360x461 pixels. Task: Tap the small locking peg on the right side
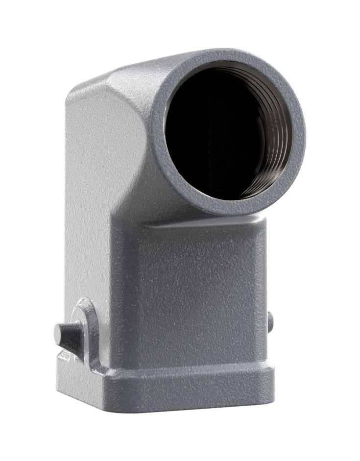[270, 322]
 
